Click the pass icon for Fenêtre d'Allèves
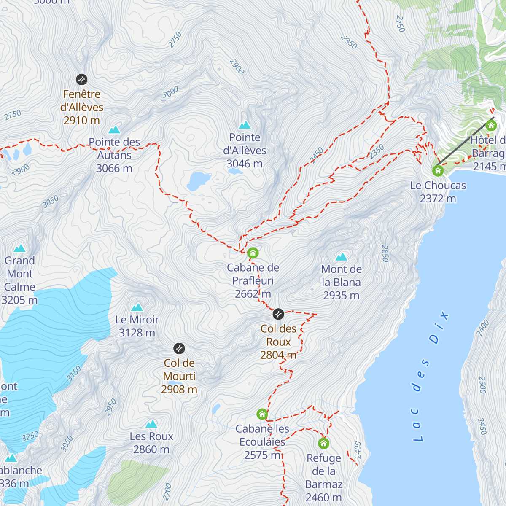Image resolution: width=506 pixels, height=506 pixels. tap(81, 79)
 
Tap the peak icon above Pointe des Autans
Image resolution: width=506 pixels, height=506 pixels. tap(114, 129)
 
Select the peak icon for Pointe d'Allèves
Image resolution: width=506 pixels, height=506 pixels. tap(245, 125)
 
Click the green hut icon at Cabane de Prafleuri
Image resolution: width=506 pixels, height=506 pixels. tap(253, 253)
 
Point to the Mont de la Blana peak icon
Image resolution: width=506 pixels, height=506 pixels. tap(341, 257)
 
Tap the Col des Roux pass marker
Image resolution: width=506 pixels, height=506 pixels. tap(278, 314)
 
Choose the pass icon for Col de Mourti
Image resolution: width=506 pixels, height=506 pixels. tap(179, 348)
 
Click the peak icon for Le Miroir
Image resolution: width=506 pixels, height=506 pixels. tap(137, 307)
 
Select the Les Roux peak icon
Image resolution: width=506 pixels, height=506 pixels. tap(151, 424)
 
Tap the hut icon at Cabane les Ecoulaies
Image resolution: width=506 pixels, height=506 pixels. tap(262, 414)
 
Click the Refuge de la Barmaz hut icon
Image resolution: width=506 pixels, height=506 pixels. tap(323, 443)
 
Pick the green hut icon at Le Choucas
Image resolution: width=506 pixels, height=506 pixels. tap(438, 171)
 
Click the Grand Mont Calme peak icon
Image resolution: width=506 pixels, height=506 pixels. tap(19, 248)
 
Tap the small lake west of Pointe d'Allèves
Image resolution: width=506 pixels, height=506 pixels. tap(199, 180)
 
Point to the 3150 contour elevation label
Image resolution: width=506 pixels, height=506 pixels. tap(74, 374)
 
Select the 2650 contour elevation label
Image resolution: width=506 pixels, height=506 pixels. tap(385, 253)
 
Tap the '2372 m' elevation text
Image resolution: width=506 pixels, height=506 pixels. tap(438, 198)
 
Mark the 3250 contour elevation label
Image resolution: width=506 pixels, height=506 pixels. tap(30, 436)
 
